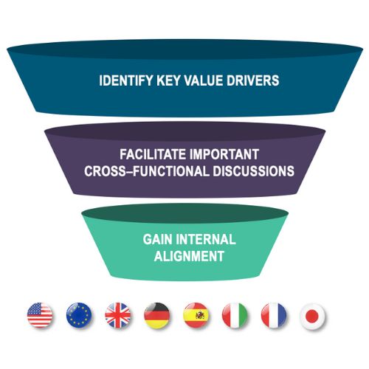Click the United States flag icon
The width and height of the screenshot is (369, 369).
pyautogui.click(x=40, y=315)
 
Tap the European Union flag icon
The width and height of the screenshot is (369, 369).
pyautogui.click(x=79, y=315)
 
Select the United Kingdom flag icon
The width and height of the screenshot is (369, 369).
pyautogui.click(x=118, y=315)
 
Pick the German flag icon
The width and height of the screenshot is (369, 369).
pyautogui.click(x=157, y=315)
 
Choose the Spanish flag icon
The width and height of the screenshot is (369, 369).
pyautogui.click(x=196, y=315)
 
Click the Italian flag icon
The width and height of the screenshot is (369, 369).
pyautogui.click(x=235, y=315)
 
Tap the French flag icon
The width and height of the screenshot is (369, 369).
pyautogui.click(x=274, y=315)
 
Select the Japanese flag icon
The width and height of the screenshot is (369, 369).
pyautogui.click(x=313, y=315)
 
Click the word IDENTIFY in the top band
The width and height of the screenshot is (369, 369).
pyautogui.click(x=125, y=80)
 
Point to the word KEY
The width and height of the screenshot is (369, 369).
pyautogui.click(x=168, y=80)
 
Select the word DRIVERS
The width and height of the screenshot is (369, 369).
pyautogui.click(x=253, y=80)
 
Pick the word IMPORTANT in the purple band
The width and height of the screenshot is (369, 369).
pyautogui.click(x=224, y=154)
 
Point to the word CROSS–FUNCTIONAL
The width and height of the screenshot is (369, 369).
pyautogui.click(x=147, y=171)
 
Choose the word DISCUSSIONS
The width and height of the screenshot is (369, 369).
pyautogui.click(x=254, y=171)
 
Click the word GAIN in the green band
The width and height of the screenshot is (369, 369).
pyautogui.click(x=158, y=239)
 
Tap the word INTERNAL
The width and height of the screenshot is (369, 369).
pyautogui.click(x=206, y=239)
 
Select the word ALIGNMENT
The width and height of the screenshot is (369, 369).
pyautogui.click(x=189, y=256)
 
